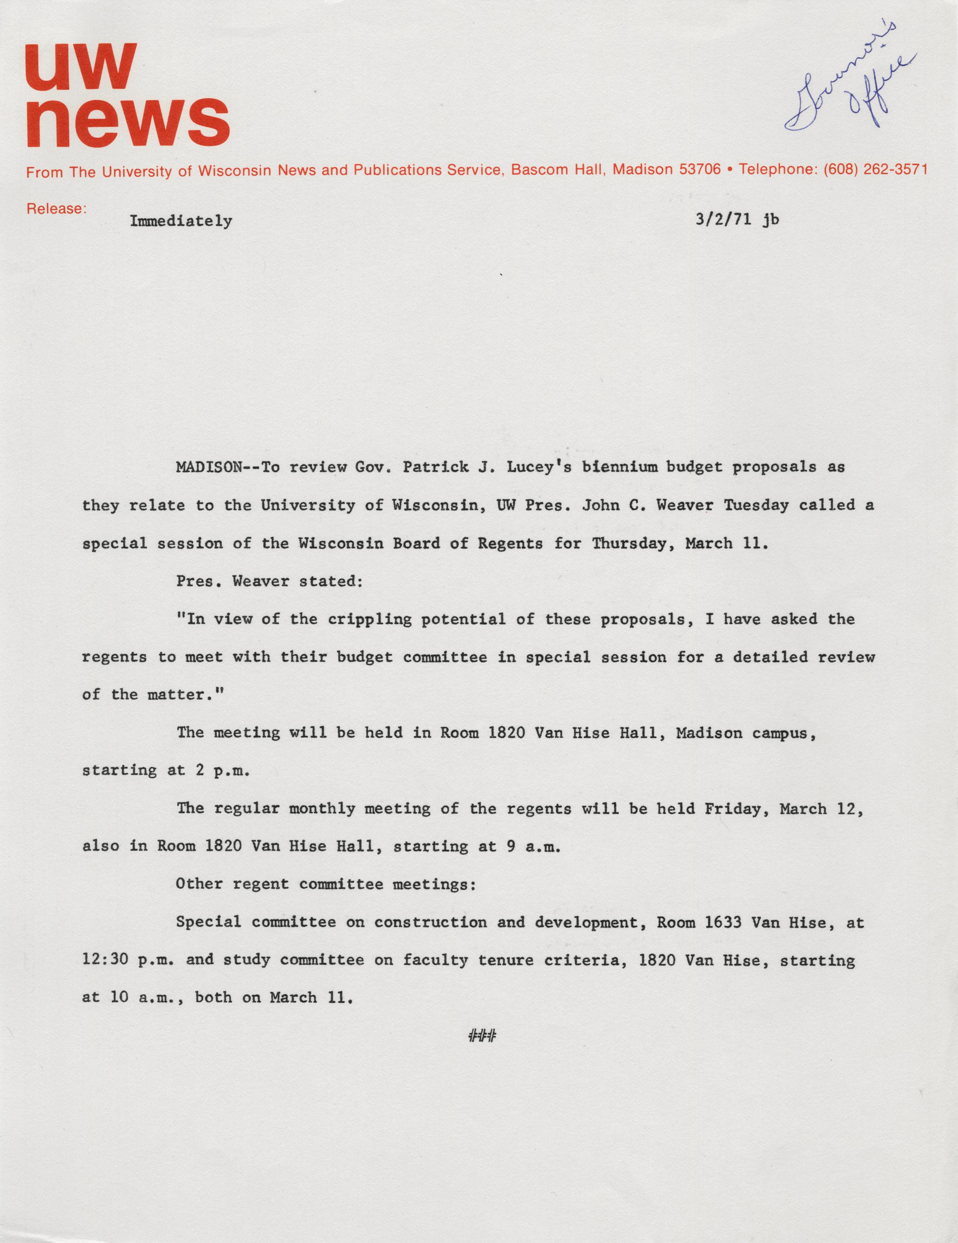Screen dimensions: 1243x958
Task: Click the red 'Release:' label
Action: click(56, 209)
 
